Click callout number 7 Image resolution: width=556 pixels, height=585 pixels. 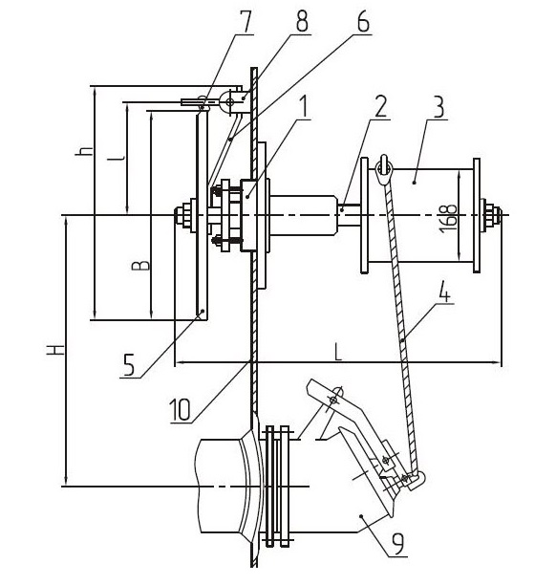[x=245, y=22]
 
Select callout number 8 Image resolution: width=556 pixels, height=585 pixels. [x=302, y=22]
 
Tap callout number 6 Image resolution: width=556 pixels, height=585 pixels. [x=362, y=22]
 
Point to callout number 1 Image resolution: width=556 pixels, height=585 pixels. [x=304, y=106]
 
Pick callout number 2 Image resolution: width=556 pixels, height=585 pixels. [x=381, y=107]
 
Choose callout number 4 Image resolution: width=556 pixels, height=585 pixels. [x=444, y=292]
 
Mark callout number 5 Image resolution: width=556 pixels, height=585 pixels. [x=129, y=364]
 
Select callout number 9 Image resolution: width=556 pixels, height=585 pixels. [x=397, y=544]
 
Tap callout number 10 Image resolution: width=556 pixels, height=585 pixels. [x=181, y=409]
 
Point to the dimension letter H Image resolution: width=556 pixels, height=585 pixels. [x=55, y=350]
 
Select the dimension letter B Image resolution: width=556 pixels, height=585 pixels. [x=141, y=266]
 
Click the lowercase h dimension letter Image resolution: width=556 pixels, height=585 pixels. [x=84, y=150]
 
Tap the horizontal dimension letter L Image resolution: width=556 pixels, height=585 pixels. [x=338, y=352]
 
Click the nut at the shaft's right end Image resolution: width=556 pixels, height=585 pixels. [x=493, y=216]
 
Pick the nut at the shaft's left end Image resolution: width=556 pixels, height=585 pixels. [x=183, y=215]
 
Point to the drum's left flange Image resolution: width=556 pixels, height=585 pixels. [x=365, y=215]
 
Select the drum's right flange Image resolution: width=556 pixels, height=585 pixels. [x=477, y=215]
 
